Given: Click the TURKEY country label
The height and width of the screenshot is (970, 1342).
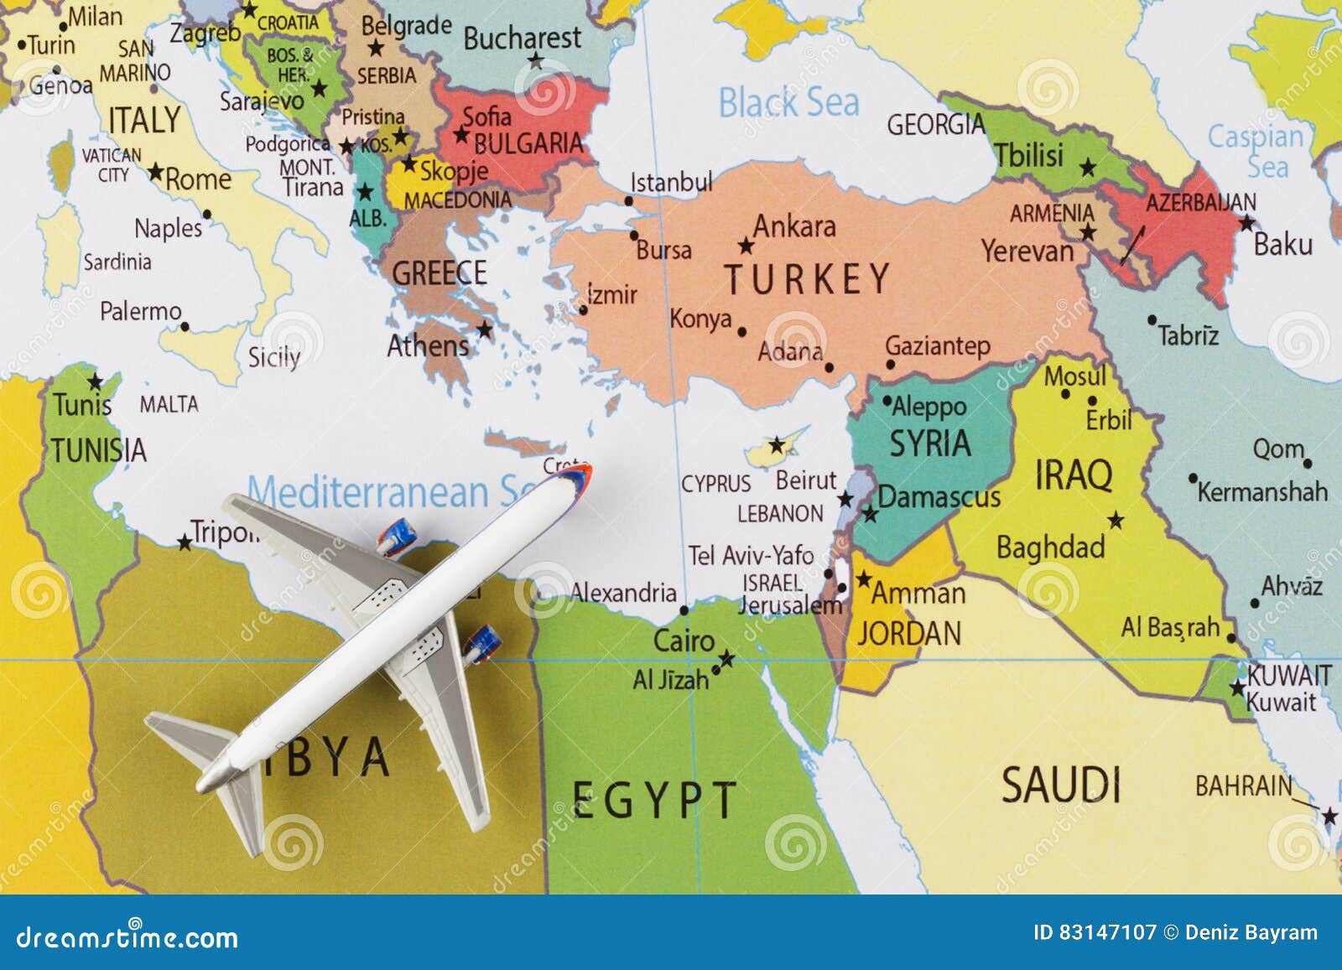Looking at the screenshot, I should click(807, 279).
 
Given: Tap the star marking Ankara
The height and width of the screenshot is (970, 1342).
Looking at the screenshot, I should click(746, 246).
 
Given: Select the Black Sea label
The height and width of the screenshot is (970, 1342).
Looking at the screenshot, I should click(788, 103).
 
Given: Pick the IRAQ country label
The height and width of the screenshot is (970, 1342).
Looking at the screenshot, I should click(1074, 475).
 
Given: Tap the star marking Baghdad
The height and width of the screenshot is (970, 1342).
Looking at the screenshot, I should click(1116, 521).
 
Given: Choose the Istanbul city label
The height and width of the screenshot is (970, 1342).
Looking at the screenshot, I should click(671, 182).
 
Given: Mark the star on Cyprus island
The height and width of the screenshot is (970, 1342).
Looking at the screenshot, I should click(777, 444).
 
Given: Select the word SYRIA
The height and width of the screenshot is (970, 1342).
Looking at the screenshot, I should click(930, 444).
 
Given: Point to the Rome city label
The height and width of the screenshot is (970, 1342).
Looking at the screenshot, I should click(198, 179).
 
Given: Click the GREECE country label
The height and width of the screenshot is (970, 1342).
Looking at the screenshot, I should click(439, 273).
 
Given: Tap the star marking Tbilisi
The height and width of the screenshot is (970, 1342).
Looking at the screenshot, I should click(1088, 168).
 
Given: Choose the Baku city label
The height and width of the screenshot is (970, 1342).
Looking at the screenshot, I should click(1282, 245).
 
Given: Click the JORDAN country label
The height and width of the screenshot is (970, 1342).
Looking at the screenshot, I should click(909, 634).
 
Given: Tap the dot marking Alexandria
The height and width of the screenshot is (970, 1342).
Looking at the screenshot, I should click(684, 610).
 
